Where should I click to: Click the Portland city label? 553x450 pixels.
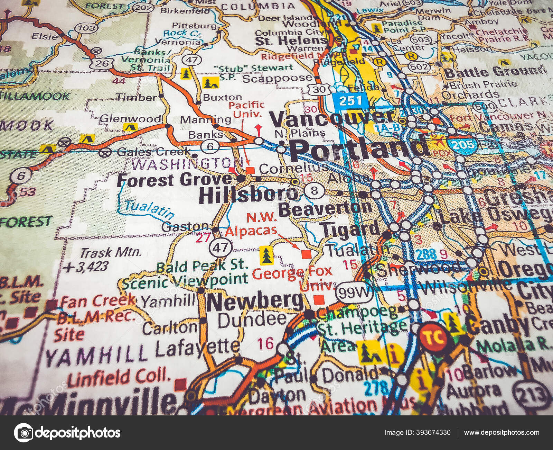point(358,149)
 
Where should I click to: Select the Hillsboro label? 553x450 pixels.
point(248,196)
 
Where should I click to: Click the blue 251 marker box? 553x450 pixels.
point(350,101)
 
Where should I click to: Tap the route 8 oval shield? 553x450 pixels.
point(314,190)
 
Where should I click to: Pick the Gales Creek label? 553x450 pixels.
point(153,151)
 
